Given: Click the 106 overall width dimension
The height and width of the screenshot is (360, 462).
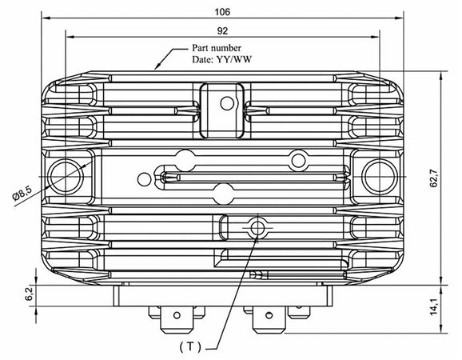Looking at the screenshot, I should click(223, 12).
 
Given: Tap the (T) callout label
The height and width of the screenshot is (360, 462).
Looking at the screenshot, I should click(189, 346).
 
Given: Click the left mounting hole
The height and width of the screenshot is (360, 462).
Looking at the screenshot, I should click(65, 174).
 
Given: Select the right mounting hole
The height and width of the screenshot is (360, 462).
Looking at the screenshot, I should click(379, 174).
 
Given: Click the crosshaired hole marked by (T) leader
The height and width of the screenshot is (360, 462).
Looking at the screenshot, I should click(257, 228).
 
